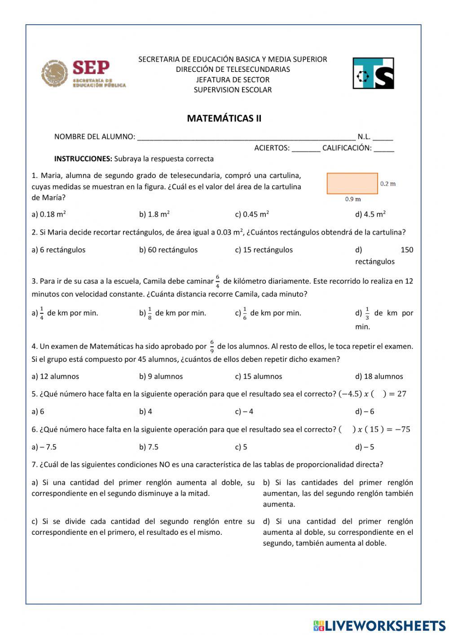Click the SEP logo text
(x=91, y=68)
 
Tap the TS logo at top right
(x=373, y=73)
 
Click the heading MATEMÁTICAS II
(x=224, y=119)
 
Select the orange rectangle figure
(x=352, y=183)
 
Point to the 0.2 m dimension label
(x=388, y=184)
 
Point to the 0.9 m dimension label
(x=353, y=199)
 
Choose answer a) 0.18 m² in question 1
(x=49, y=214)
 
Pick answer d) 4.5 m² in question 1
(x=370, y=214)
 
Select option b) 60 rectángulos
(x=168, y=250)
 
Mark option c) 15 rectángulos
(x=264, y=250)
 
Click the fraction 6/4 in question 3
(x=218, y=281)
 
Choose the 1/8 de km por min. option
(x=172, y=313)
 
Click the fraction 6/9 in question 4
(x=212, y=346)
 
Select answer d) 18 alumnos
(x=379, y=377)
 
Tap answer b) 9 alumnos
(x=161, y=377)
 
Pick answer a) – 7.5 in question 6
(x=44, y=447)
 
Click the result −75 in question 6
(x=402, y=430)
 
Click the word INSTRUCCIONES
(x=83, y=159)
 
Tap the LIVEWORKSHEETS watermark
(x=379, y=626)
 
